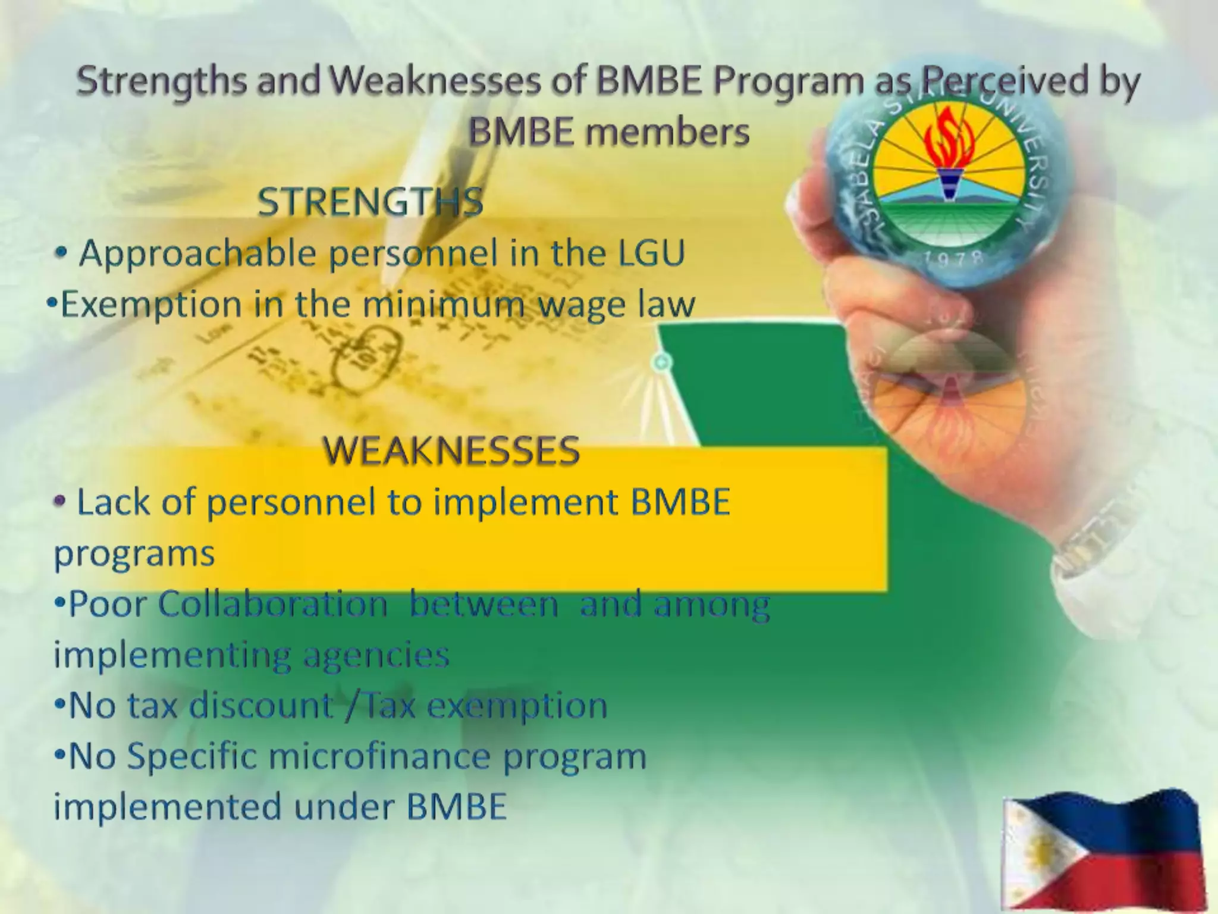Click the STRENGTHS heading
pyautogui.click(x=370, y=202)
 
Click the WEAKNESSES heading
pyautogui.click(x=451, y=450)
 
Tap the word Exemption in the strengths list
pyautogui.click(x=149, y=305)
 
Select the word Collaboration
pyautogui.click(x=273, y=604)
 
